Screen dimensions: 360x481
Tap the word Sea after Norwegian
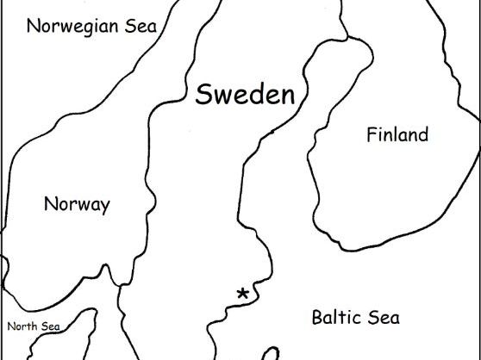coord(142,24)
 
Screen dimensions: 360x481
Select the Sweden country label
coord(245,94)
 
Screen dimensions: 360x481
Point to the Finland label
coord(397,135)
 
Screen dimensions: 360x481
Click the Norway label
coord(77,205)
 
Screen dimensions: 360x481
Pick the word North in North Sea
coord(22,326)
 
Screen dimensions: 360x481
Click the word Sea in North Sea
coord(50,326)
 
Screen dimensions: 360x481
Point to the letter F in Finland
coord(372,135)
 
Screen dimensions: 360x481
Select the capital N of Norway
coord(50,205)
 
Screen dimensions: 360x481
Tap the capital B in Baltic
coord(316,318)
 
